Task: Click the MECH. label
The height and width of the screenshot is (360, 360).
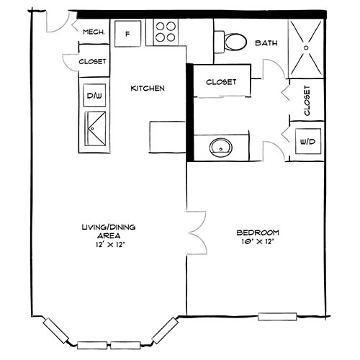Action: tap(94, 32)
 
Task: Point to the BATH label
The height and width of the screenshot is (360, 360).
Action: tap(266, 43)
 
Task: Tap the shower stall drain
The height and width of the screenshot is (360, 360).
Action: tap(306, 47)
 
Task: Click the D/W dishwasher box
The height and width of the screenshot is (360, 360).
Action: tap(94, 95)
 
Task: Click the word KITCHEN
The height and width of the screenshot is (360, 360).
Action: tap(148, 89)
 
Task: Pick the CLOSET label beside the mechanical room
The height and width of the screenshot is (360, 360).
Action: tap(92, 62)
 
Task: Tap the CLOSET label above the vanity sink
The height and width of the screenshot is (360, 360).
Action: tap(220, 81)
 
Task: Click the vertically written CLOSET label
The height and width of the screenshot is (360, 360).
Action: tap(307, 101)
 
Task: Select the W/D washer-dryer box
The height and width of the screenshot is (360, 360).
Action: tap(306, 142)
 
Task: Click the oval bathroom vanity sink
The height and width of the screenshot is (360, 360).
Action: tap(220, 148)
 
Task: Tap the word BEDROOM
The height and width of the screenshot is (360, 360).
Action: tap(257, 233)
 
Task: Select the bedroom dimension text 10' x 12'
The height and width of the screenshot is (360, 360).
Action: tap(257, 242)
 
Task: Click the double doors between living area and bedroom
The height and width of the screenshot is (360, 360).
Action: tap(192, 232)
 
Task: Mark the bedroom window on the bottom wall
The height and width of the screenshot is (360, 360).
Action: tap(278, 315)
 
